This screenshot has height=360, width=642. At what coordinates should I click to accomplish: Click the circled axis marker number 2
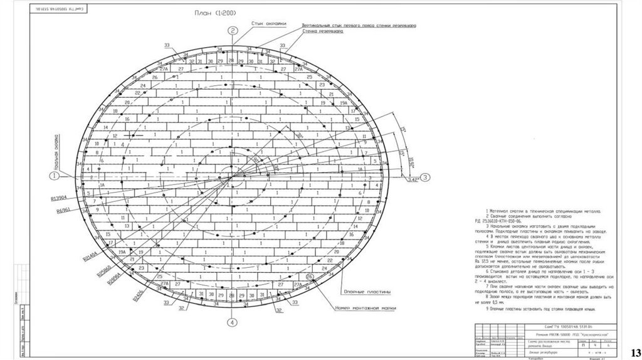click(232, 30)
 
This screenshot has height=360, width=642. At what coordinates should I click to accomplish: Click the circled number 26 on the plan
click(309, 276)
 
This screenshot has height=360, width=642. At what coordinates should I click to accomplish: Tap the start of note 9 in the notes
click(487, 309)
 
